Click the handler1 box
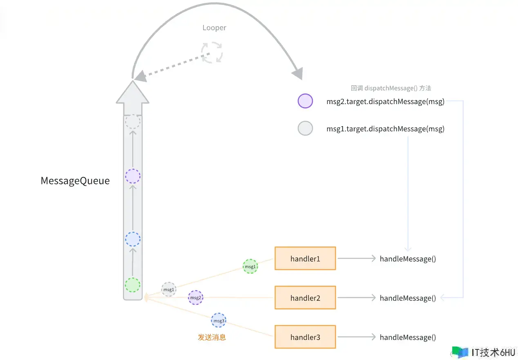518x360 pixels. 305,258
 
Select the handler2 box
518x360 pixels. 305,298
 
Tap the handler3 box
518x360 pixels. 305,337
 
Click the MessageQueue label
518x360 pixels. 75,181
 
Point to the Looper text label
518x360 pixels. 214,28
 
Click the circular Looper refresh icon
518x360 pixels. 212,52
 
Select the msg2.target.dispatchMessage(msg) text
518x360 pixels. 385,102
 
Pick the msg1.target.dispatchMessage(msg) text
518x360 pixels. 385,129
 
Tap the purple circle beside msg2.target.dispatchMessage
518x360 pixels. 305,101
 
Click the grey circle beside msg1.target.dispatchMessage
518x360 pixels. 305,128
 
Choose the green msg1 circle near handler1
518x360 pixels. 250,267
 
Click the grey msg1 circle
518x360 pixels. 169,289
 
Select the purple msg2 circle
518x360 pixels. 195,298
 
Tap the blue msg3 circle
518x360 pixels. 219,320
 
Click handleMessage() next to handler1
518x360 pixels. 408,259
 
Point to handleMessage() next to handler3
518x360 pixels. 408,338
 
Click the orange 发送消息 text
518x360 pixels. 212,337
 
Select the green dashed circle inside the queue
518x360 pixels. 133,285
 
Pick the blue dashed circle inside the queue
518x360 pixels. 133,239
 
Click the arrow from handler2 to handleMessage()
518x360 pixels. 356,298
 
